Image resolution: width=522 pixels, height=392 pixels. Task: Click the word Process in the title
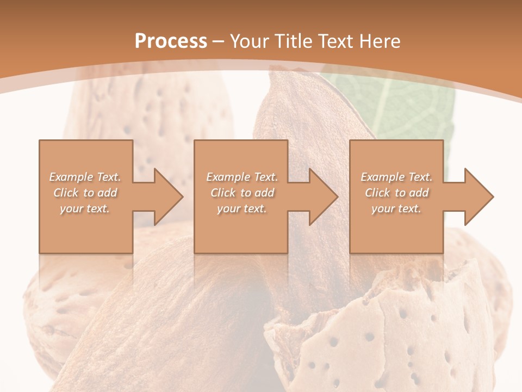[x=171, y=41]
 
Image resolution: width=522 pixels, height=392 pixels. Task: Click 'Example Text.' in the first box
[x=85, y=177]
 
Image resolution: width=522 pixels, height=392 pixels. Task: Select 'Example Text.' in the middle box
[x=241, y=177]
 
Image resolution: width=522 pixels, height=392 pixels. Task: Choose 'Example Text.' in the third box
[x=396, y=177]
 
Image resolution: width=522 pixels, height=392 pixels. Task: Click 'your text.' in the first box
[x=85, y=209]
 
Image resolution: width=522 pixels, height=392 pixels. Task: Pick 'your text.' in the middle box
[x=241, y=209]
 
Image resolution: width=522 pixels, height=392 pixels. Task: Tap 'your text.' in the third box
[x=396, y=209]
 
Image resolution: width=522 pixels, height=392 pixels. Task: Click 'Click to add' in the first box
[x=85, y=193]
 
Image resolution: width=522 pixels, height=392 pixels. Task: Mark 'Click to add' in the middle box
[x=241, y=193]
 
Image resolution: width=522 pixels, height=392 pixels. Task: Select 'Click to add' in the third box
[x=396, y=193]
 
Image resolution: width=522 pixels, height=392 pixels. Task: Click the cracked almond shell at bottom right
[x=381, y=332]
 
